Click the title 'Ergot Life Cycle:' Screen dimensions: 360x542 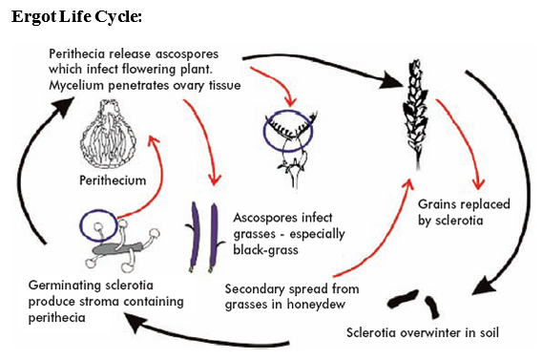[76, 18]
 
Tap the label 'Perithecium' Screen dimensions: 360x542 [112, 178]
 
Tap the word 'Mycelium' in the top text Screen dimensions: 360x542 [77, 87]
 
